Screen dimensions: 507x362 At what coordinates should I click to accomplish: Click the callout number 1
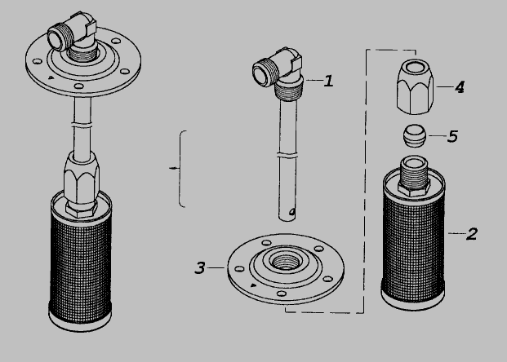coord(328,81)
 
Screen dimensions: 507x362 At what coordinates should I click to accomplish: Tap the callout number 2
coord(472,234)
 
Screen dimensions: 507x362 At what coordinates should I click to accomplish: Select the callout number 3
coord(200,267)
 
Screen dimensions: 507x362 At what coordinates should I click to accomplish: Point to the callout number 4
coord(460,87)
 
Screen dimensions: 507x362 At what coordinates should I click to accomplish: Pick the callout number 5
coord(452,136)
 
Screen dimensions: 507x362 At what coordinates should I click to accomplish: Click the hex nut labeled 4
coord(416,86)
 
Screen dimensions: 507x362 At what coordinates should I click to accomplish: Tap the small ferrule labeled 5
coord(414,136)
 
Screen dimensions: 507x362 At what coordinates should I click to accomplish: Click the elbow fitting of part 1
coord(278,68)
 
